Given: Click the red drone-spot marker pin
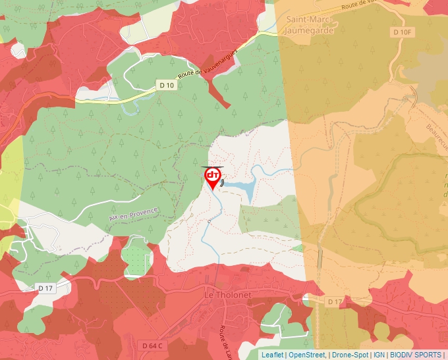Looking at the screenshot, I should point(213,178).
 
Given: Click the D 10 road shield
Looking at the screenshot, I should point(167,85).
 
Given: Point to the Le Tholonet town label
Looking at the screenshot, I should point(228,295).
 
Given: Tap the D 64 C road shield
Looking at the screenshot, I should point(152,345).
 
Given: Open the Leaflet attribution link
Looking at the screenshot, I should point(272,355).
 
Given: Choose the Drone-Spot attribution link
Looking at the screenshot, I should point(349,355).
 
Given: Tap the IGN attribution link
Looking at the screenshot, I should point(379,355).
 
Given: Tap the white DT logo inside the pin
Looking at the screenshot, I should point(213,175).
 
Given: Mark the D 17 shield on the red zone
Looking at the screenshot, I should point(45,288).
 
